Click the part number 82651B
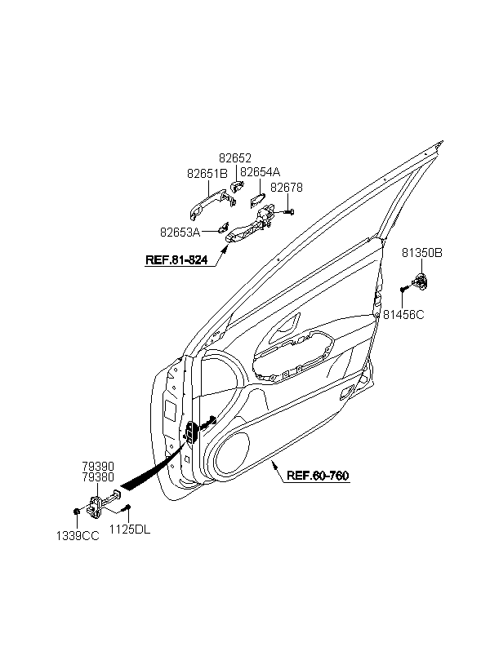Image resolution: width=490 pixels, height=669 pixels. click(x=207, y=173)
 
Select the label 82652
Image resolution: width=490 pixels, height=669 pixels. click(x=234, y=158)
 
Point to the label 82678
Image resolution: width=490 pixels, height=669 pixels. click(x=287, y=188)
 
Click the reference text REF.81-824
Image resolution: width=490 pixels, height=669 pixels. click(x=176, y=261)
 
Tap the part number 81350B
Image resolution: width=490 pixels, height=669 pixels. click(x=421, y=254)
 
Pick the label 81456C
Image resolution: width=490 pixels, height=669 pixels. click(x=404, y=314)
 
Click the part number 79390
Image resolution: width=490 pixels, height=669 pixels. click(x=98, y=466)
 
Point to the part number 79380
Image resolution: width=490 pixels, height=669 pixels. click(x=98, y=476)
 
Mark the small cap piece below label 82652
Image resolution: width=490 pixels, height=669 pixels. click(x=234, y=187)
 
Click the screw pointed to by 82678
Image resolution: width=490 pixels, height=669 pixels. click(x=290, y=213)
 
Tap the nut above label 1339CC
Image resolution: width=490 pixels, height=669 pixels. click(x=75, y=512)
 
